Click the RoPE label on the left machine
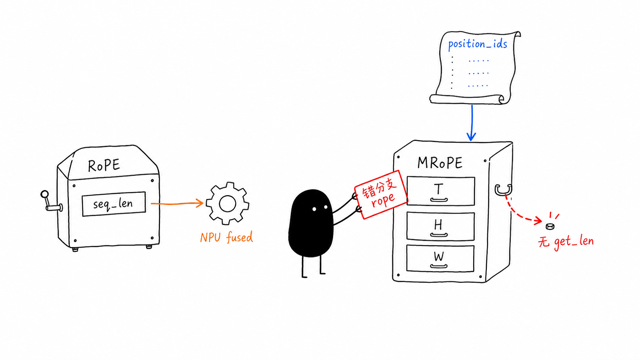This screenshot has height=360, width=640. point(104,165)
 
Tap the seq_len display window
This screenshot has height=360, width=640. point(114,204)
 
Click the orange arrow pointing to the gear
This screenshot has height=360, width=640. point(177,203)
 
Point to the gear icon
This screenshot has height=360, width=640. point(227,204)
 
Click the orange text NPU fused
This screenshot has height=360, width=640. point(226,237)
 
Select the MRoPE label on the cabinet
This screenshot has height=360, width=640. point(440,163)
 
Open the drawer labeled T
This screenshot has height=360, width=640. point(441,191)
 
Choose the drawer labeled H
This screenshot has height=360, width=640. point(440,226)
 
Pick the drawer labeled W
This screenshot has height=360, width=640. point(440,258)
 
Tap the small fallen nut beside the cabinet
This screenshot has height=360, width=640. point(550,226)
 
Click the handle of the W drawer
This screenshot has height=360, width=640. point(439,266)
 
